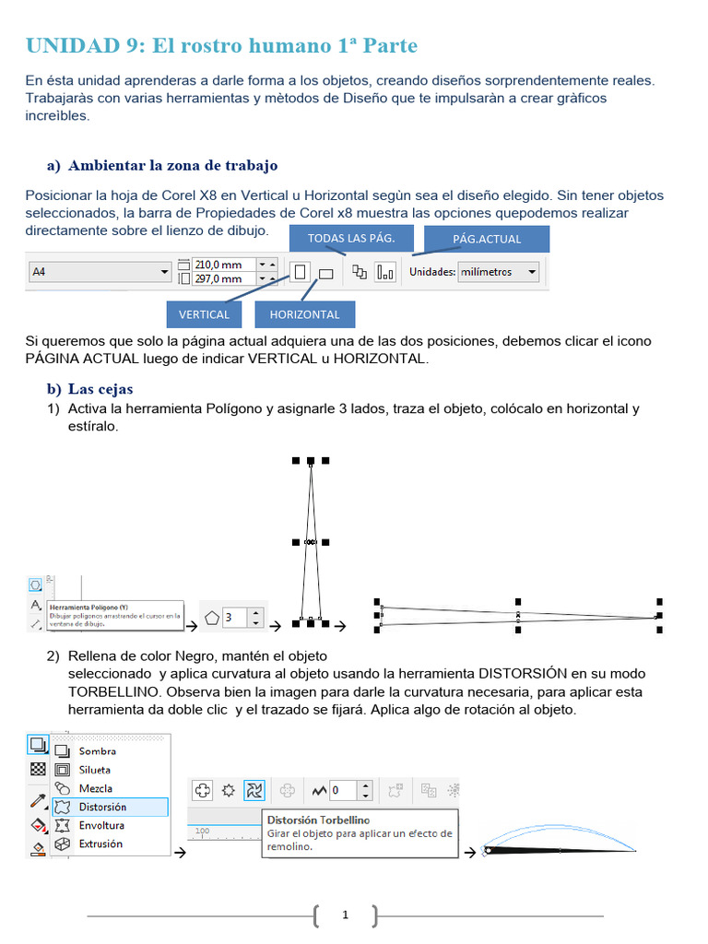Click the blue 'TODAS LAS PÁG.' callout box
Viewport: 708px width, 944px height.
(x=350, y=238)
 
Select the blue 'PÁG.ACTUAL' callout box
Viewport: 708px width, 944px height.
(x=487, y=239)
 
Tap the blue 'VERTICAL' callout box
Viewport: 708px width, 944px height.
(x=204, y=314)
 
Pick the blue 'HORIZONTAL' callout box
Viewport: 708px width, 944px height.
(x=304, y=314)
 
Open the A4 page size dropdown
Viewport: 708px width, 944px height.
(x=100, y=272)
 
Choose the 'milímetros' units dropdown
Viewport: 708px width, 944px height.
(x=499, y=272)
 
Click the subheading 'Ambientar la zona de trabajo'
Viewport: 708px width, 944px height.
(x=172, y=166)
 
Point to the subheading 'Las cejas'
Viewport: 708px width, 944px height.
(x=100, y=389)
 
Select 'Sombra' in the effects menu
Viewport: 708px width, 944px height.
(x=97, y=750)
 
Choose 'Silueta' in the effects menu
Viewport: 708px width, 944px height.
(x=95, y=769)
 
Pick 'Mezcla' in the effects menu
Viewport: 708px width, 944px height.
(x=95, y=788)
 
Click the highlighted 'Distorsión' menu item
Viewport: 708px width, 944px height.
(x=102, y=807)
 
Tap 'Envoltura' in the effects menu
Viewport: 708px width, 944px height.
(x=100, y=825)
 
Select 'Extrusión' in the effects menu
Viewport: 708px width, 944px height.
(x=100, y=844)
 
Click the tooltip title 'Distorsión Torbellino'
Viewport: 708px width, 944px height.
(x=318, y=820)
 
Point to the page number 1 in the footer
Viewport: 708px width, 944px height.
(x=345, y=915)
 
